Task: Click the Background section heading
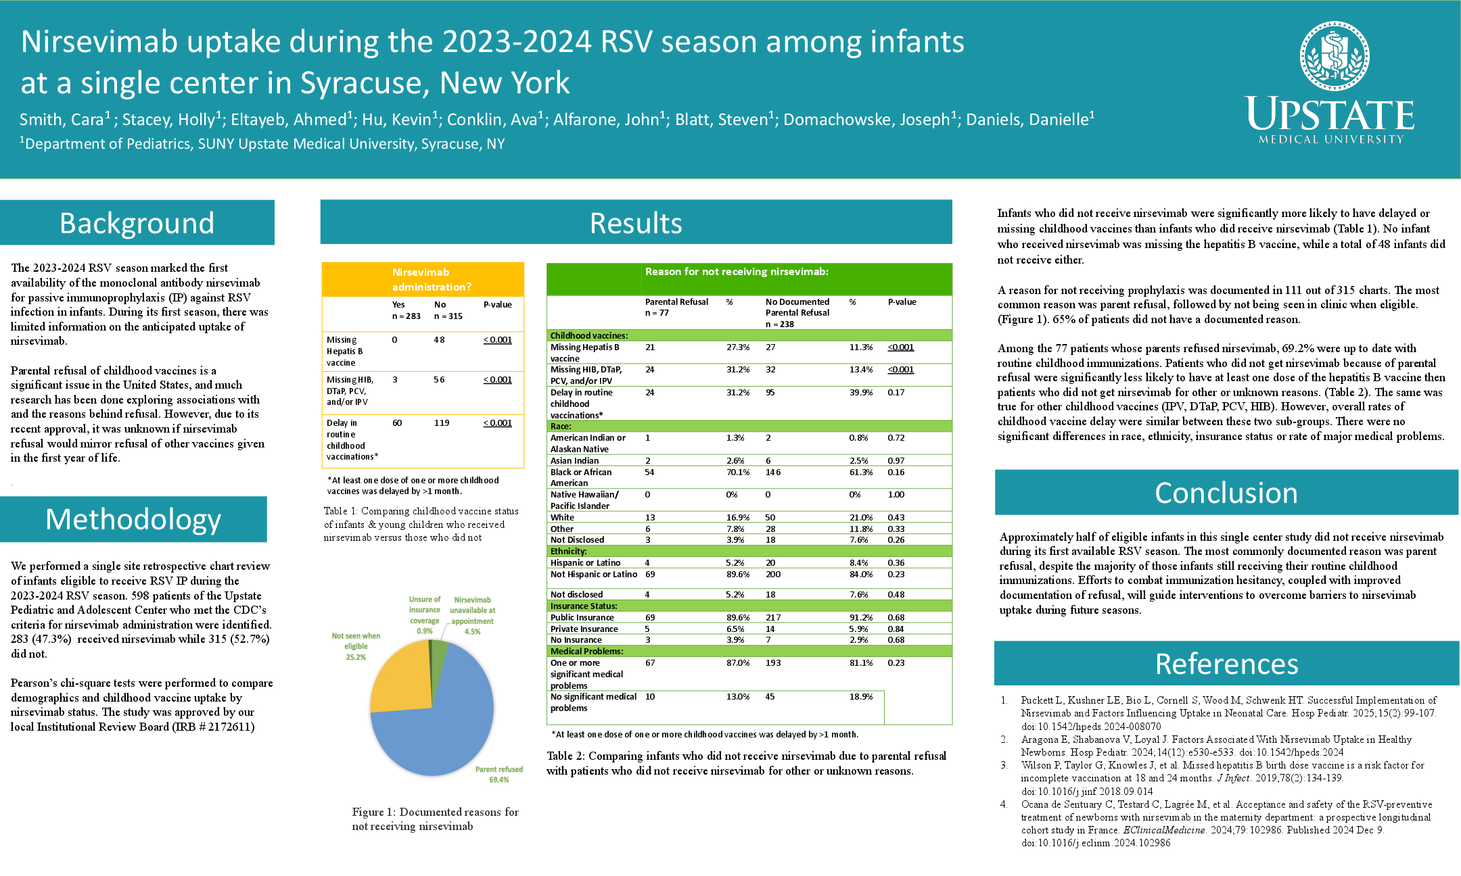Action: [137, 223]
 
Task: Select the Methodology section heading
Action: [133, 519]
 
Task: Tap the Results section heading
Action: [636, 223]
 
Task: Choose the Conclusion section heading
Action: [1226, 493]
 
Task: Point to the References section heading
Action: [1226, 664]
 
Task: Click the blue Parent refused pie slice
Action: [440, 730]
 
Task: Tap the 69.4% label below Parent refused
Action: [499, 780]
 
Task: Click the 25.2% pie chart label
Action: [356, 657]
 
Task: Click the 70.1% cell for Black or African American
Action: [738, 472]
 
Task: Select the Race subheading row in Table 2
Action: [561, 427]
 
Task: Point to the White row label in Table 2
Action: [562, 518]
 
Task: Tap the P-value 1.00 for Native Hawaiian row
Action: [896, 495]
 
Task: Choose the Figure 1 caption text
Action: [435, 819]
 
